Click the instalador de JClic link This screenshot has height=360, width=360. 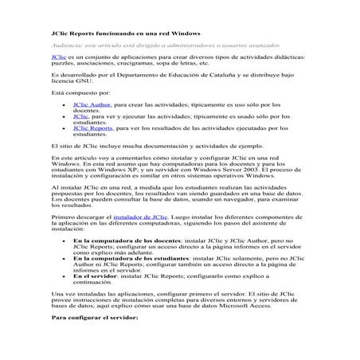tap(141, 217)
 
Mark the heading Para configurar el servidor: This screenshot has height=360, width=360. tap(95, 317)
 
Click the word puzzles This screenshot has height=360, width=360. tap(63, 65)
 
